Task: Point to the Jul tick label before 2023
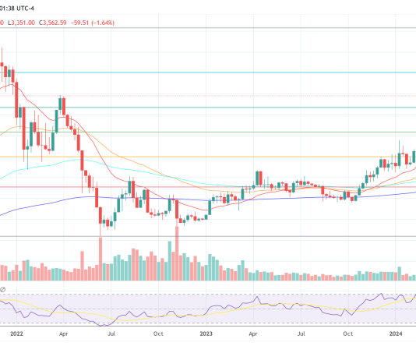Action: pyautogui.click(x=111, y=334)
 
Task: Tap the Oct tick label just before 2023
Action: pyautogui.click(x=158, y=334)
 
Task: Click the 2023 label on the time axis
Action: pyautogui.click(x=206, y=334)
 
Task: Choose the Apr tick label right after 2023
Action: pyautogui.click(x=253, y=334)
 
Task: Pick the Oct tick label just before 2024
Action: pyautogui.click(x=348, y=334)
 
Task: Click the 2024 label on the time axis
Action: pyautogui.click(x=397, y=334)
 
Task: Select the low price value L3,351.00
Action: pyautogui.click(x=19, y=23)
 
